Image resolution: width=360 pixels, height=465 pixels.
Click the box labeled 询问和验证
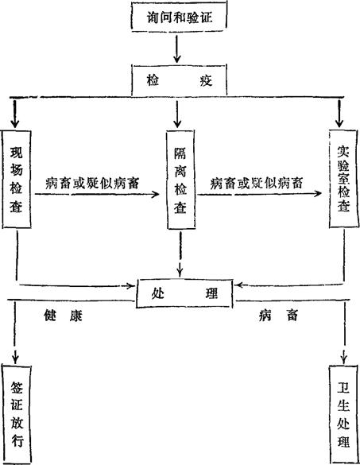(x=179, y=16)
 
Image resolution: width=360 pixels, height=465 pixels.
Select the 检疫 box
(x=179, y=80)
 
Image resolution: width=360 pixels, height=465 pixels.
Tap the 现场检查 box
(x=17, y=180)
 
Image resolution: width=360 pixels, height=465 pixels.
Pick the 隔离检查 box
(x=180, y=180)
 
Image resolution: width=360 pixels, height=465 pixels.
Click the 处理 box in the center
(x=184, y=293)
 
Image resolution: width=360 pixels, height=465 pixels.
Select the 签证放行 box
(x=17, y=415)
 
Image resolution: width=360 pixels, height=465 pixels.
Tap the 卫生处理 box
(x=343, y=415)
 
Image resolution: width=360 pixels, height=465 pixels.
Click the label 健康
(x=63, y=316)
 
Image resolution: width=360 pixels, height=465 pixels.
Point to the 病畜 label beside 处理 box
(x=278, y=316)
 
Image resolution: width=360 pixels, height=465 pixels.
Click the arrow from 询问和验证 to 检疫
(x=177, y=49)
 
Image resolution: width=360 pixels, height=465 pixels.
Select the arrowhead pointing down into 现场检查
(x=15, y=123)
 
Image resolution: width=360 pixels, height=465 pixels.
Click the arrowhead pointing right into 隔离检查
(x=155, y=195)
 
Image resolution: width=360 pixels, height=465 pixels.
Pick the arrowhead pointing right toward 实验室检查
(x=318, y=194)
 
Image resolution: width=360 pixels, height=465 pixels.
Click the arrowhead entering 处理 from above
(x=180, y=271)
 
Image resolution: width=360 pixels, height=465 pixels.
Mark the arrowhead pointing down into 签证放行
(x=15, y=358)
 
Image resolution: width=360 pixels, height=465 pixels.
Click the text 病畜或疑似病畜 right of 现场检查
(x=92, y=184)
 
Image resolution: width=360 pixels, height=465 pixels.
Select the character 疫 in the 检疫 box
(x=206, y=80)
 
